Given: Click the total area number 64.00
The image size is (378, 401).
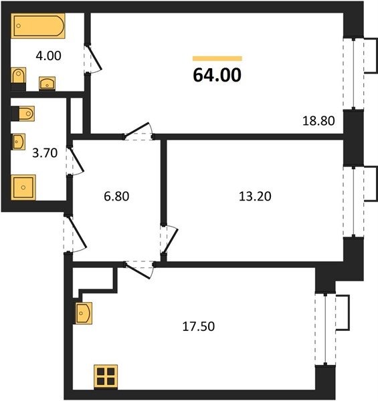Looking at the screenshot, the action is pyautogui.click(x=217, y=75).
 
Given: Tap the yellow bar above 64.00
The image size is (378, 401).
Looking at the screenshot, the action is pyautogui.click(x=217, y=59).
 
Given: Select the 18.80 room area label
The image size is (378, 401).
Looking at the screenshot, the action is pyautogui.click(x=318, y=121).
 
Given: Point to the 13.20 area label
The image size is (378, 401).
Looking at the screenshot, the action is pyautogui.click(x=255, y=196).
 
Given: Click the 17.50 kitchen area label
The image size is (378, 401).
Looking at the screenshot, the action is pyautogui.click(x=198, y=327).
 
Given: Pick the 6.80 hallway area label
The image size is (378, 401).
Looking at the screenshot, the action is pyautogui.click(x=116, y=196).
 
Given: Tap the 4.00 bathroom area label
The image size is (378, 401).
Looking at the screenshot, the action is pyautogui.click(x=48, y=55).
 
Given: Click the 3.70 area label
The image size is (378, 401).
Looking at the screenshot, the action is pyautogui.click(x=45, y=153).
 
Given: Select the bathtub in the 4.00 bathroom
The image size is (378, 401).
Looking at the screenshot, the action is pyautogui.click(x=38, y=26).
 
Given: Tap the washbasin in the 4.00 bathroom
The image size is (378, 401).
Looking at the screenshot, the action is pyautogui.click(x=47, y=83).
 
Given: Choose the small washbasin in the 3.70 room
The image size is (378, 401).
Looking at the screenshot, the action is pyautogui.click(x=19, y=142).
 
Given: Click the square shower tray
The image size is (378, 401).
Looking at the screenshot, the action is pyautogui.click(x=23, y=187).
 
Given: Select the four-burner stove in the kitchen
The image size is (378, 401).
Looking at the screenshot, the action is pyautogui.click(x=106, y=377).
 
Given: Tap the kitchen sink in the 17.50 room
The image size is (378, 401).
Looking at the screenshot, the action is pyautogui.click(x=84, y=313).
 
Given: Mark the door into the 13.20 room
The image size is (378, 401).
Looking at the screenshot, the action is pyautogui.click(x=170, y=240).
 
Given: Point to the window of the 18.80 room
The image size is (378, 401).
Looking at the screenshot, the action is pyautogui.click(x=353, y=74).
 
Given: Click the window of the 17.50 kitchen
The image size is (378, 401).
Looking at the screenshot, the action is pyautogui.click(x=325, y=329).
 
